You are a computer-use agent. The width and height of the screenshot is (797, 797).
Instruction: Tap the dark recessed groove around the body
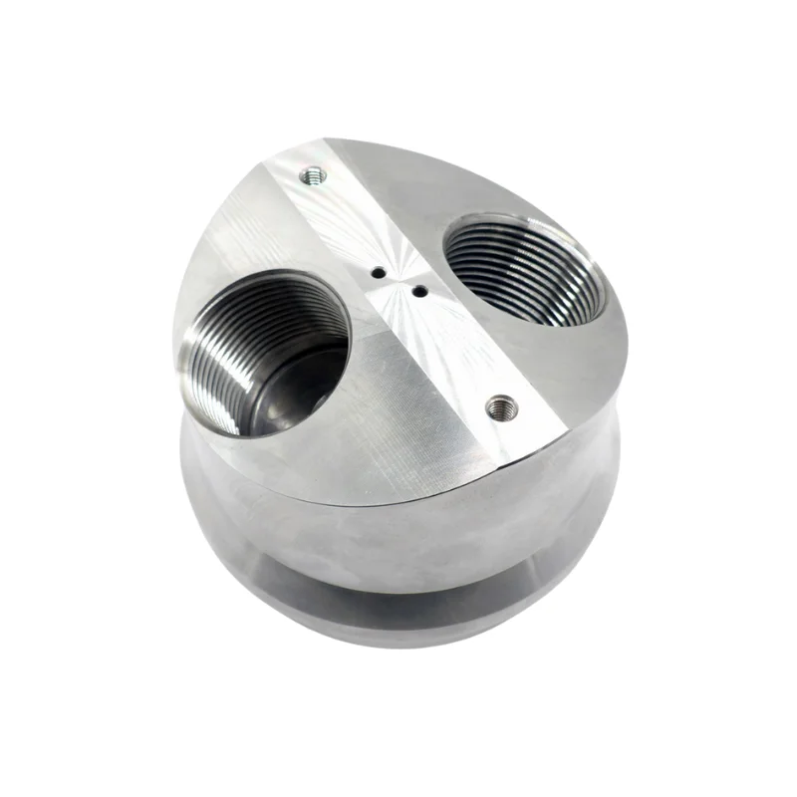pyautogui.click(x=398, y=588)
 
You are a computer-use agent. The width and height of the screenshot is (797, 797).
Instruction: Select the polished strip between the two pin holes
pyautogui.click(x=398, y=281)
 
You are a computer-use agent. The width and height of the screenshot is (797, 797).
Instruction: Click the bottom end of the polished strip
pyautogui.click(x=508, y=438)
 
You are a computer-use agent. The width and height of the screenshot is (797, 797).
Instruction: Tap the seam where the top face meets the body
pyautogui.click(x=398, y=497)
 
